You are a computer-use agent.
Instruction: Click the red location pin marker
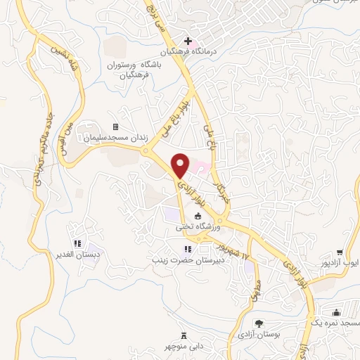click(x=181, y=165)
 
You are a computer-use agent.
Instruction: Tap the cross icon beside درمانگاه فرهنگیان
click(x=187, y=41)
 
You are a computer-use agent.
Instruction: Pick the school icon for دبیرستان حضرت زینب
click(x=187, y=249)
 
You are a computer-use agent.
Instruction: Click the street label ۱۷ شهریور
click(x=230, y=253)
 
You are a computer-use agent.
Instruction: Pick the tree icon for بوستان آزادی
click(x=259, y=323)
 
